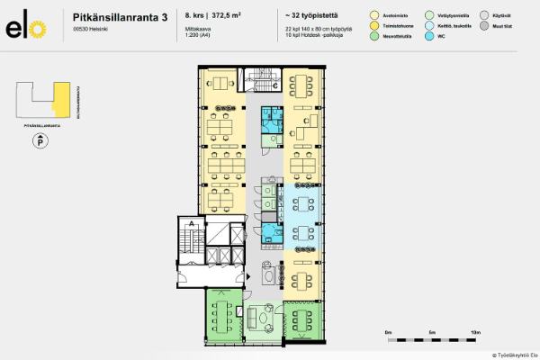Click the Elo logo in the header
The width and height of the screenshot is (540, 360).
[x=25, y=28]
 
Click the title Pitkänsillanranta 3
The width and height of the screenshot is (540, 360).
[x=120, y=15]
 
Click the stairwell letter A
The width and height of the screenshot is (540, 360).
[x=192, y=222]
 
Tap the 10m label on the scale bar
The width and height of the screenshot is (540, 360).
[x=475, y=333]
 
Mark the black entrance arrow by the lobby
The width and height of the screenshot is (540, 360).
[x=247, y=278]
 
